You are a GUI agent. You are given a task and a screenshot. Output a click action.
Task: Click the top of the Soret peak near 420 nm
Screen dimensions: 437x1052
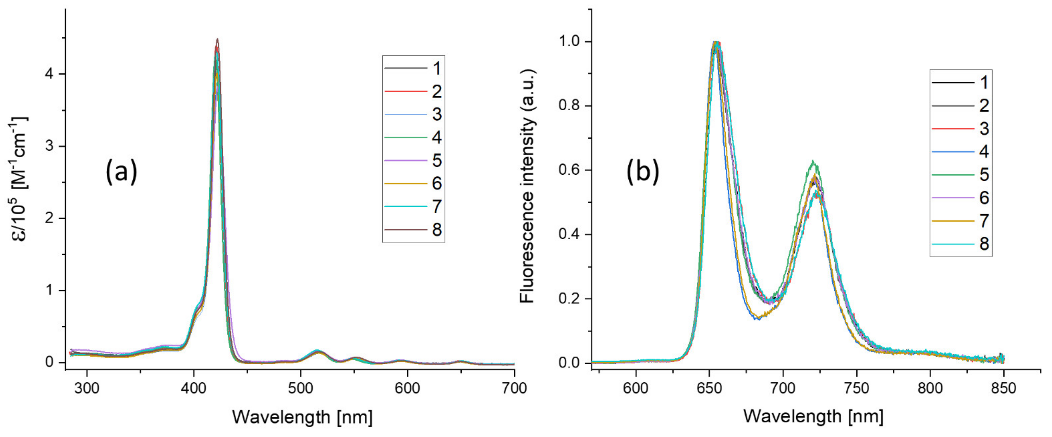pyautogui.click(x=217, y=40)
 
